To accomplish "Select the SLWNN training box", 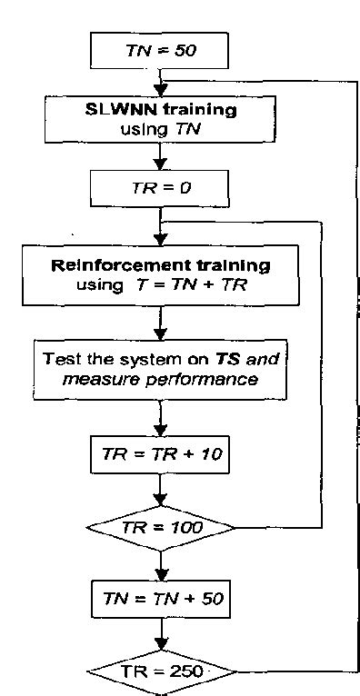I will pyautogui.click(x=159, y=119).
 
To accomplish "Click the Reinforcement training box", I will pyautogui.click(x=159, y=274).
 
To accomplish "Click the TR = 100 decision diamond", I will pyautogui.click(x=159, y=527).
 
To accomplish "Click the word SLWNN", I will pyautogui.click(x=111, y=111).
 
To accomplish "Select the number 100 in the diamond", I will pyautogui.click(x=185, y=527).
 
